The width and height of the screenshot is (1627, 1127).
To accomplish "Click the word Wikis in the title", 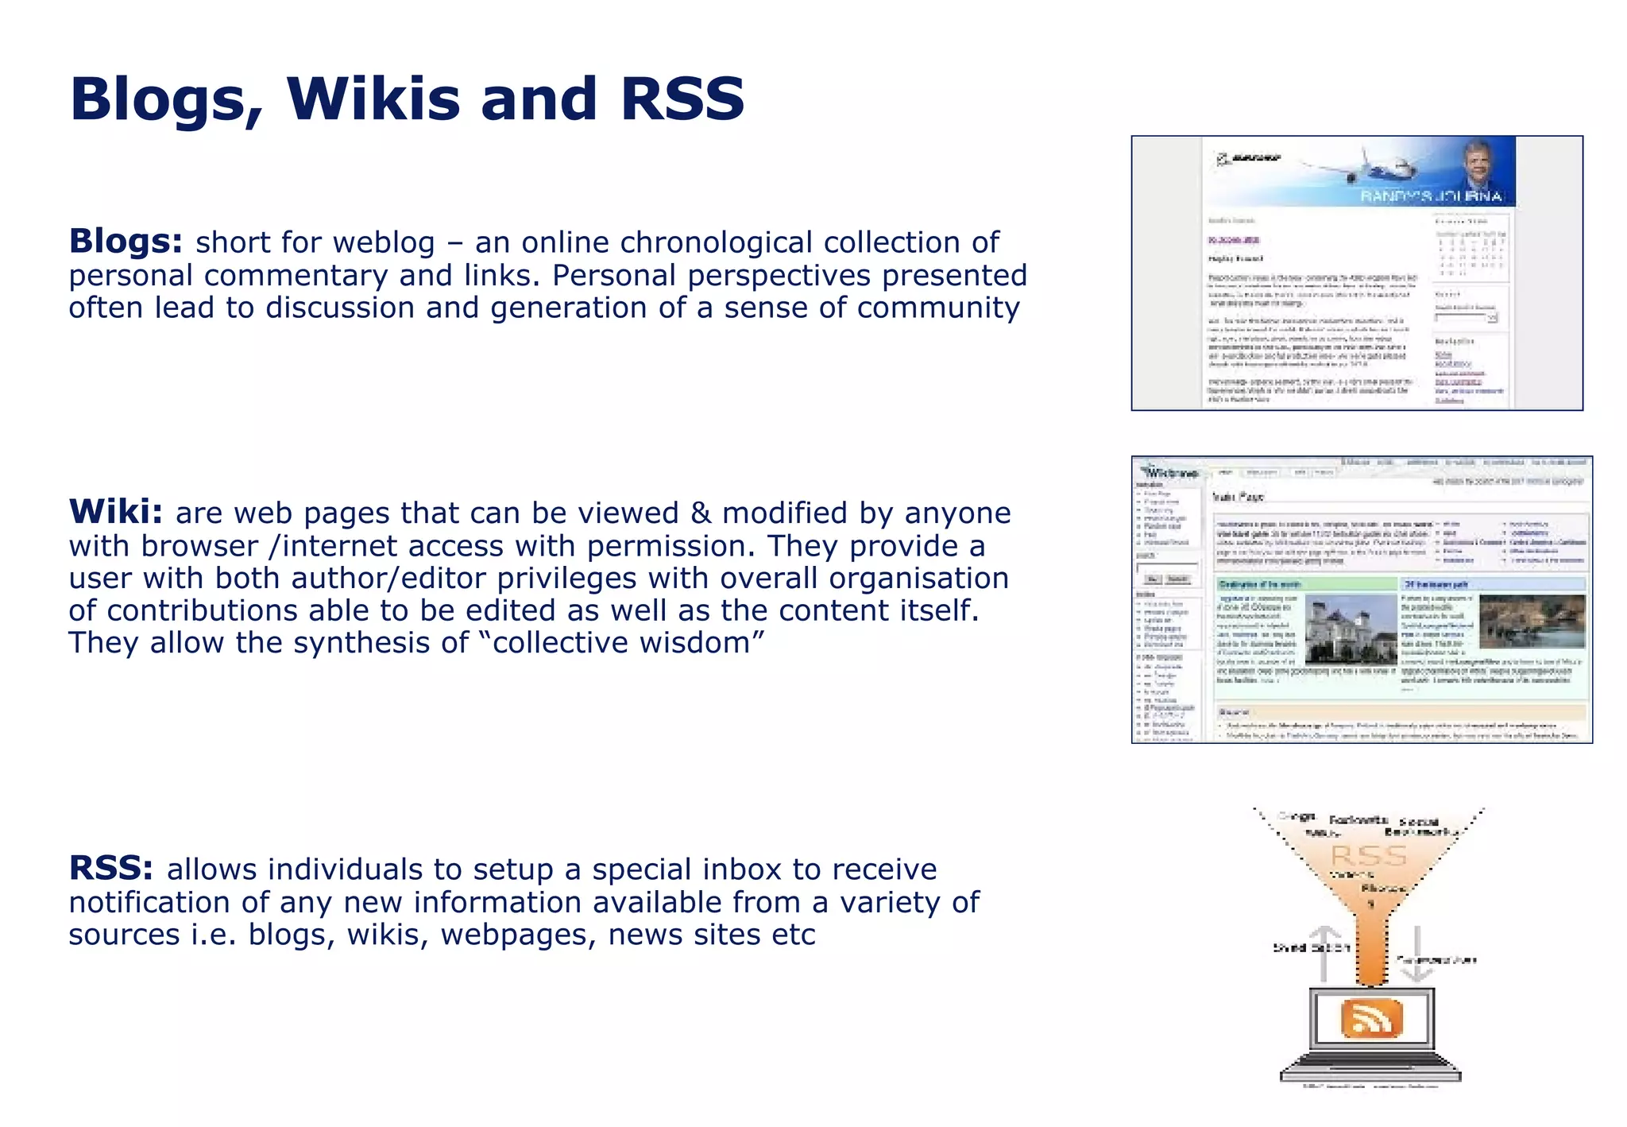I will (x=373, y=99).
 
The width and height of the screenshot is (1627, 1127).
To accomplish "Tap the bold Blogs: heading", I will (x=126, y=241).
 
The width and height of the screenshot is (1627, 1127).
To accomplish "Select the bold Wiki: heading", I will (x=116, y=512).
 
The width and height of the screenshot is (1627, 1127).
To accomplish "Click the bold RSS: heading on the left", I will (x=110, y=868).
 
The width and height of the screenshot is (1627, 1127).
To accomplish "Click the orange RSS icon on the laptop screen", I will (x=1371, y=1019).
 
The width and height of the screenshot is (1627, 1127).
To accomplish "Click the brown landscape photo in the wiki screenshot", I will (x=1532, y=621).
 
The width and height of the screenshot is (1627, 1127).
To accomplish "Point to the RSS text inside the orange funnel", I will (x=1369, y=856).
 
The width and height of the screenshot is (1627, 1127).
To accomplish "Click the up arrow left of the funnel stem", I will (x=1324, y=954).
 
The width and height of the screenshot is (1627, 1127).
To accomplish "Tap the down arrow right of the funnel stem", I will (x=1418, y=954).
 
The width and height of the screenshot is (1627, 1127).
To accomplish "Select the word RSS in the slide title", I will (x=682, y=99).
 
